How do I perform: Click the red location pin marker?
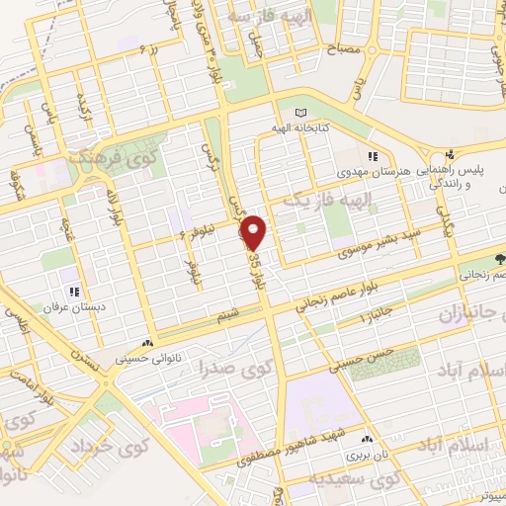[255, 232]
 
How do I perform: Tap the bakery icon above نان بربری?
[368, 438]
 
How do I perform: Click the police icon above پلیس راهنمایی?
[450, 155]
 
